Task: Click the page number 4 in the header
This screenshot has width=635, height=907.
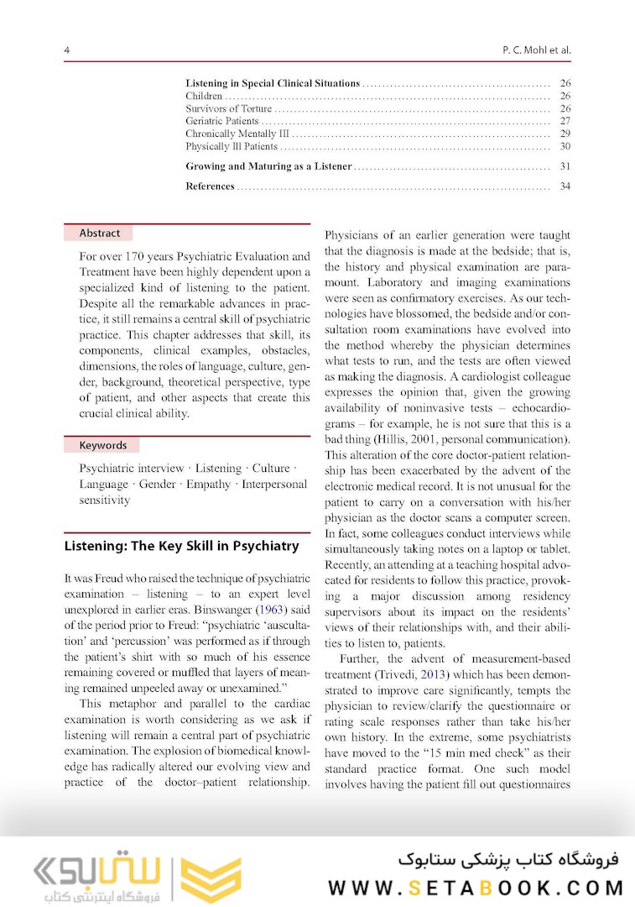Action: pyautogui.click(x=67, y=50)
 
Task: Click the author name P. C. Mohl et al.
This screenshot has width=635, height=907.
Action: pyautogui.click(x=531, y=50)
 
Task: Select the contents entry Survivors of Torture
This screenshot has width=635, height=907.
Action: pyautogui.click(x=228, y=108)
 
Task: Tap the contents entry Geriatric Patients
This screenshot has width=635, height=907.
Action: pyautogui.click(x=221, y=121)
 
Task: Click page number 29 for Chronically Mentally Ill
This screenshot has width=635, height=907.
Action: pyautogui.click(x=565, y=134)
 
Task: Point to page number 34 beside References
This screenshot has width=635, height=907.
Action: pyautogui.click(x=565, y=186)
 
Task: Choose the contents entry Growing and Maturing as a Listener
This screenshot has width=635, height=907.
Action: pyautogui.click(x=268, y=166)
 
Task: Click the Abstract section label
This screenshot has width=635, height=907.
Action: pyautogui.click(x=100, y=233)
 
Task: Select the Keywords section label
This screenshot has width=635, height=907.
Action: pyautogui.click(x=103, y=445)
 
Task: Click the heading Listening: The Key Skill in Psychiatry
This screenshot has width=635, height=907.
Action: pyautogui.click(x=181, y=546)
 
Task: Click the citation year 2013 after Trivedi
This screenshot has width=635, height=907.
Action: pyautogui.click(x=455, y=674)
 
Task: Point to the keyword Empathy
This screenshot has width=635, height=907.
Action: pyautogui.click(x=208, y=484)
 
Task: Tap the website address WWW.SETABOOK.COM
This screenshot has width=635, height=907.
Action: pyautogui.click(x=476, y=888)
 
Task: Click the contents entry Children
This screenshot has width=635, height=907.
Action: pyautogui.click(x=204, y=96)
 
